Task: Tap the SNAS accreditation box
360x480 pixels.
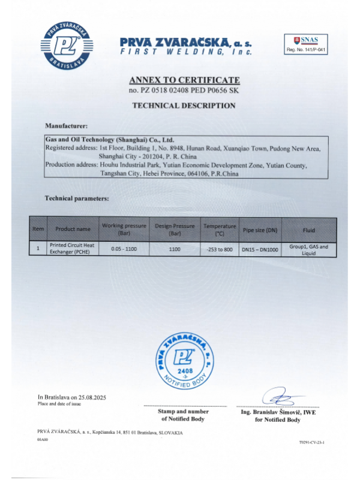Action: point(305,44)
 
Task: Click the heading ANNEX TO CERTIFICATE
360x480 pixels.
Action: point(184,80)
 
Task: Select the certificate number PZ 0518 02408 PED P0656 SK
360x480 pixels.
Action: point(184,90)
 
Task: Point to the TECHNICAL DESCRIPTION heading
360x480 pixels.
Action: point(184,105)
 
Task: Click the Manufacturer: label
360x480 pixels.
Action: point(67,126)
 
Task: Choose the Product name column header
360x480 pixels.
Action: point(73,229)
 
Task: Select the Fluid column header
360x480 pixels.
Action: point(308,229)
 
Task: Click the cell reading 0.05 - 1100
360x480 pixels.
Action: point(124,249)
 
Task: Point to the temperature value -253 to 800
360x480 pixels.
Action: point(219,249)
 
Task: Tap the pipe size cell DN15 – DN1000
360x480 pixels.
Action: point(260,249)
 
